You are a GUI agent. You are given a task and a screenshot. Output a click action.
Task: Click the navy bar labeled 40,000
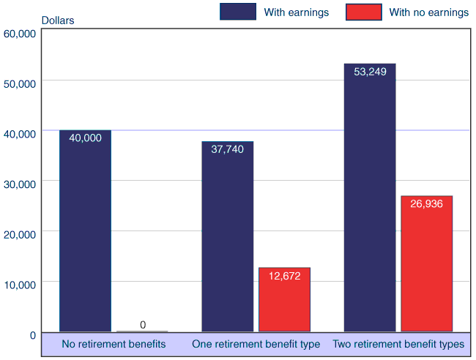pos(85,234)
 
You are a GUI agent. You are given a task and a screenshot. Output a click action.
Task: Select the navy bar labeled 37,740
pos(227,241)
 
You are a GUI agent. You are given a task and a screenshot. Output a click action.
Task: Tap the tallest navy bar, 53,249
pos(369,205)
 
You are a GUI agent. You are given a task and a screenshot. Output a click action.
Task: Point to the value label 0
pos(142,325)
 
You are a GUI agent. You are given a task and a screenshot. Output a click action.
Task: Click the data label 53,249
pos(370,72)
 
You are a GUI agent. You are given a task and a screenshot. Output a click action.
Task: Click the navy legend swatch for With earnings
pos(237,12)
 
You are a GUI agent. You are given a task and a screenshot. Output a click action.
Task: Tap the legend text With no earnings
pos(428,12)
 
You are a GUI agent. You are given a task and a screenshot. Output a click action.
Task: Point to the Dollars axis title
pos(57,20)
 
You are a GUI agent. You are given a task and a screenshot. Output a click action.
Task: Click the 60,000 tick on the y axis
pos(20,34)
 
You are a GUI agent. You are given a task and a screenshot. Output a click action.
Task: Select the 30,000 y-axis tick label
pos(20,184)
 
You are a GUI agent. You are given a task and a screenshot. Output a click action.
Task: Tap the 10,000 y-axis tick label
pos(20,285)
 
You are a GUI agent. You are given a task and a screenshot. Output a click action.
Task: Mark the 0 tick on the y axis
pos(32,335)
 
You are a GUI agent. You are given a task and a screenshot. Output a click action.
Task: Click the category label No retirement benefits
pos(114,344)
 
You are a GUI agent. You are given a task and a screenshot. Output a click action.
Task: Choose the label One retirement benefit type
pos(256,344)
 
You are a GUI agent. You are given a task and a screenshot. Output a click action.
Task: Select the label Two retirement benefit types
pos(398,344)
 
